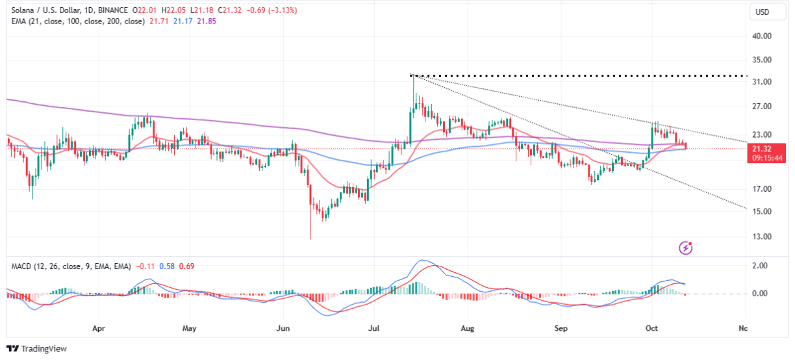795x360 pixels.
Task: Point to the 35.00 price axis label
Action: [762, 60]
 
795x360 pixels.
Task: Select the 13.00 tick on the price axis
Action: [762, 237]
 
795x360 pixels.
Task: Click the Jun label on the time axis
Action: [283, 329]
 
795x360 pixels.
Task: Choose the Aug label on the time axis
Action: [467, 329]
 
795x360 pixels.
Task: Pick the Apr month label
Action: [99, 329]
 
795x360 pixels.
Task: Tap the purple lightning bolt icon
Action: [687, 248]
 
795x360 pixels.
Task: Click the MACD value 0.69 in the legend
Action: [186, 266]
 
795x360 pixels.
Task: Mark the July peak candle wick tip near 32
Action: [413, 75]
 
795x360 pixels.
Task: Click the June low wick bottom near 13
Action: [310, 238]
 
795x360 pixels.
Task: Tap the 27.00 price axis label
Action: [762, 107]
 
